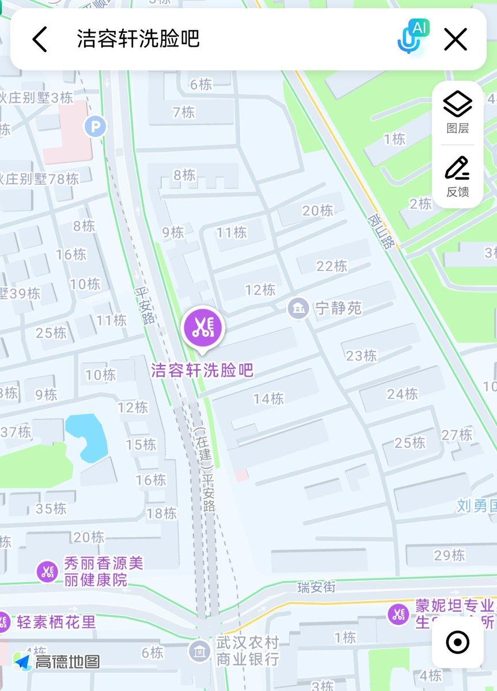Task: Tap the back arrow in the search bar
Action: pyautogui.click(x=39, y=40)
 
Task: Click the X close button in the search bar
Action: pyautogui.click(x=455, y=40)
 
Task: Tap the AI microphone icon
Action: pyautogui.click(x=411, y=37)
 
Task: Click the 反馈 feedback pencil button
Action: pyautogui.click(x=458, y=176)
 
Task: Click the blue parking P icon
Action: pyautogui.click(x=95, y=126)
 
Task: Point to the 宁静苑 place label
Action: pyautogui.click(x=338, y=308)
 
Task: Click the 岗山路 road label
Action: pyautogui.click(x=381, y=231)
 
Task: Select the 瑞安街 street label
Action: pyautogui.click(x=316, y=587)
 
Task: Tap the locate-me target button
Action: pyautogui.click(x=458, y=642)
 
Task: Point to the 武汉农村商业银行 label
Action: pyautogui.click(x=248, y=650)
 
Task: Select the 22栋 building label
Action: pyautogui.click(x=332, y=265)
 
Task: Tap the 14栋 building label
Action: pyautogui.click(x=268, y=398)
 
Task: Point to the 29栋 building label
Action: pyautogui.click(x=449, y=555)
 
